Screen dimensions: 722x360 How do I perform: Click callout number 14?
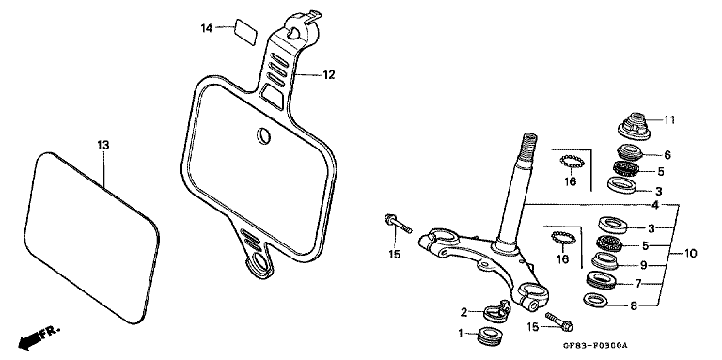207,27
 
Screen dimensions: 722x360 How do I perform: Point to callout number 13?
103,145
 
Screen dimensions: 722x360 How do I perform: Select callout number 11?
669,119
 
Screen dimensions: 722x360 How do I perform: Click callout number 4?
680,205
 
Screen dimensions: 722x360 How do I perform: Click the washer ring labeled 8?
594,300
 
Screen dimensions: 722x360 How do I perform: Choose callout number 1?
461,334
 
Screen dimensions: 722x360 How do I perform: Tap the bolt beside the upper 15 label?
399,225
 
